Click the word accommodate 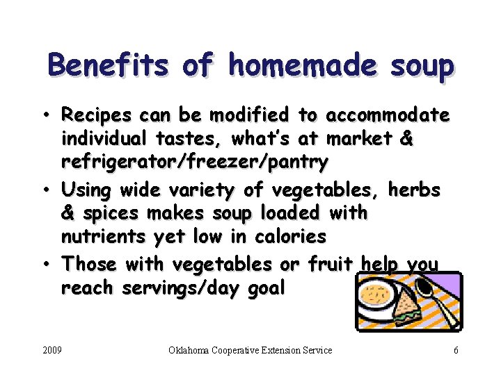coord(388,115)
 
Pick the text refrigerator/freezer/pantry coord(195,163)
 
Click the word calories coord(289,237)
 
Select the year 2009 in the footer coord(51,350)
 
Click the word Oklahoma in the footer coord(194,350)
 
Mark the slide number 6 coord(456,350)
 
